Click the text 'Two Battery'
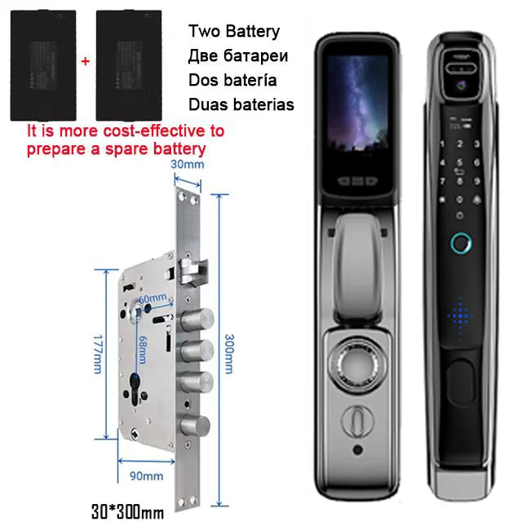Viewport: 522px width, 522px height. click(233, 33)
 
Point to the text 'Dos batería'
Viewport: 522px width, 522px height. click(232, 81)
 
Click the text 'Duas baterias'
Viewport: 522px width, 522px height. click(241, 104)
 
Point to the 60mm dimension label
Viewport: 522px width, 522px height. click(153, 299)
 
